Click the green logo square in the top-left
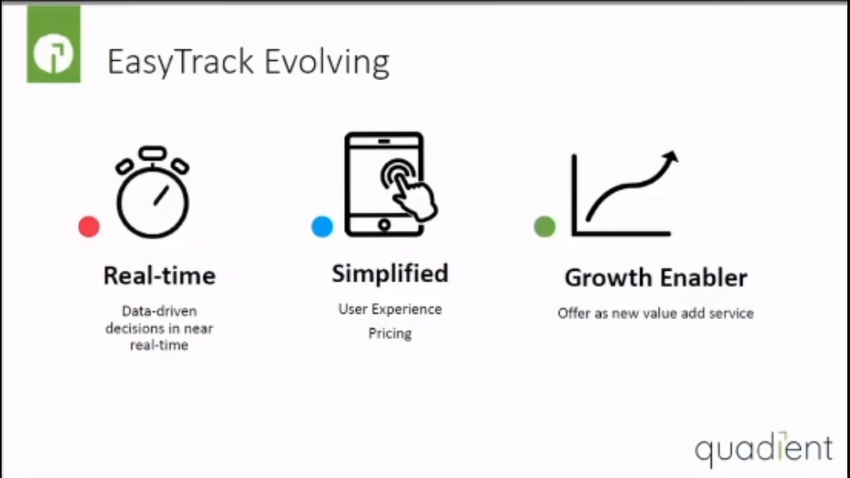click(53, 44)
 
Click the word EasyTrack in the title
click(180, 62)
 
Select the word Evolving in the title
click(327, 62)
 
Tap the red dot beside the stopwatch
click(89, 227)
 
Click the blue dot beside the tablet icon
click(322, 226)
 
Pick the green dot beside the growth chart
click(545, 226)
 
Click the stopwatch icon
click(153, 197)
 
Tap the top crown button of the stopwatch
click(153, 153)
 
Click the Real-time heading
click(159, 276)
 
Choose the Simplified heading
click(390, 274)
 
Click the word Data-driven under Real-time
click(159, 311)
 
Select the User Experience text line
click(390, 309)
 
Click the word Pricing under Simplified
click(390, 333)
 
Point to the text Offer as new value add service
click(655, 313)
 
